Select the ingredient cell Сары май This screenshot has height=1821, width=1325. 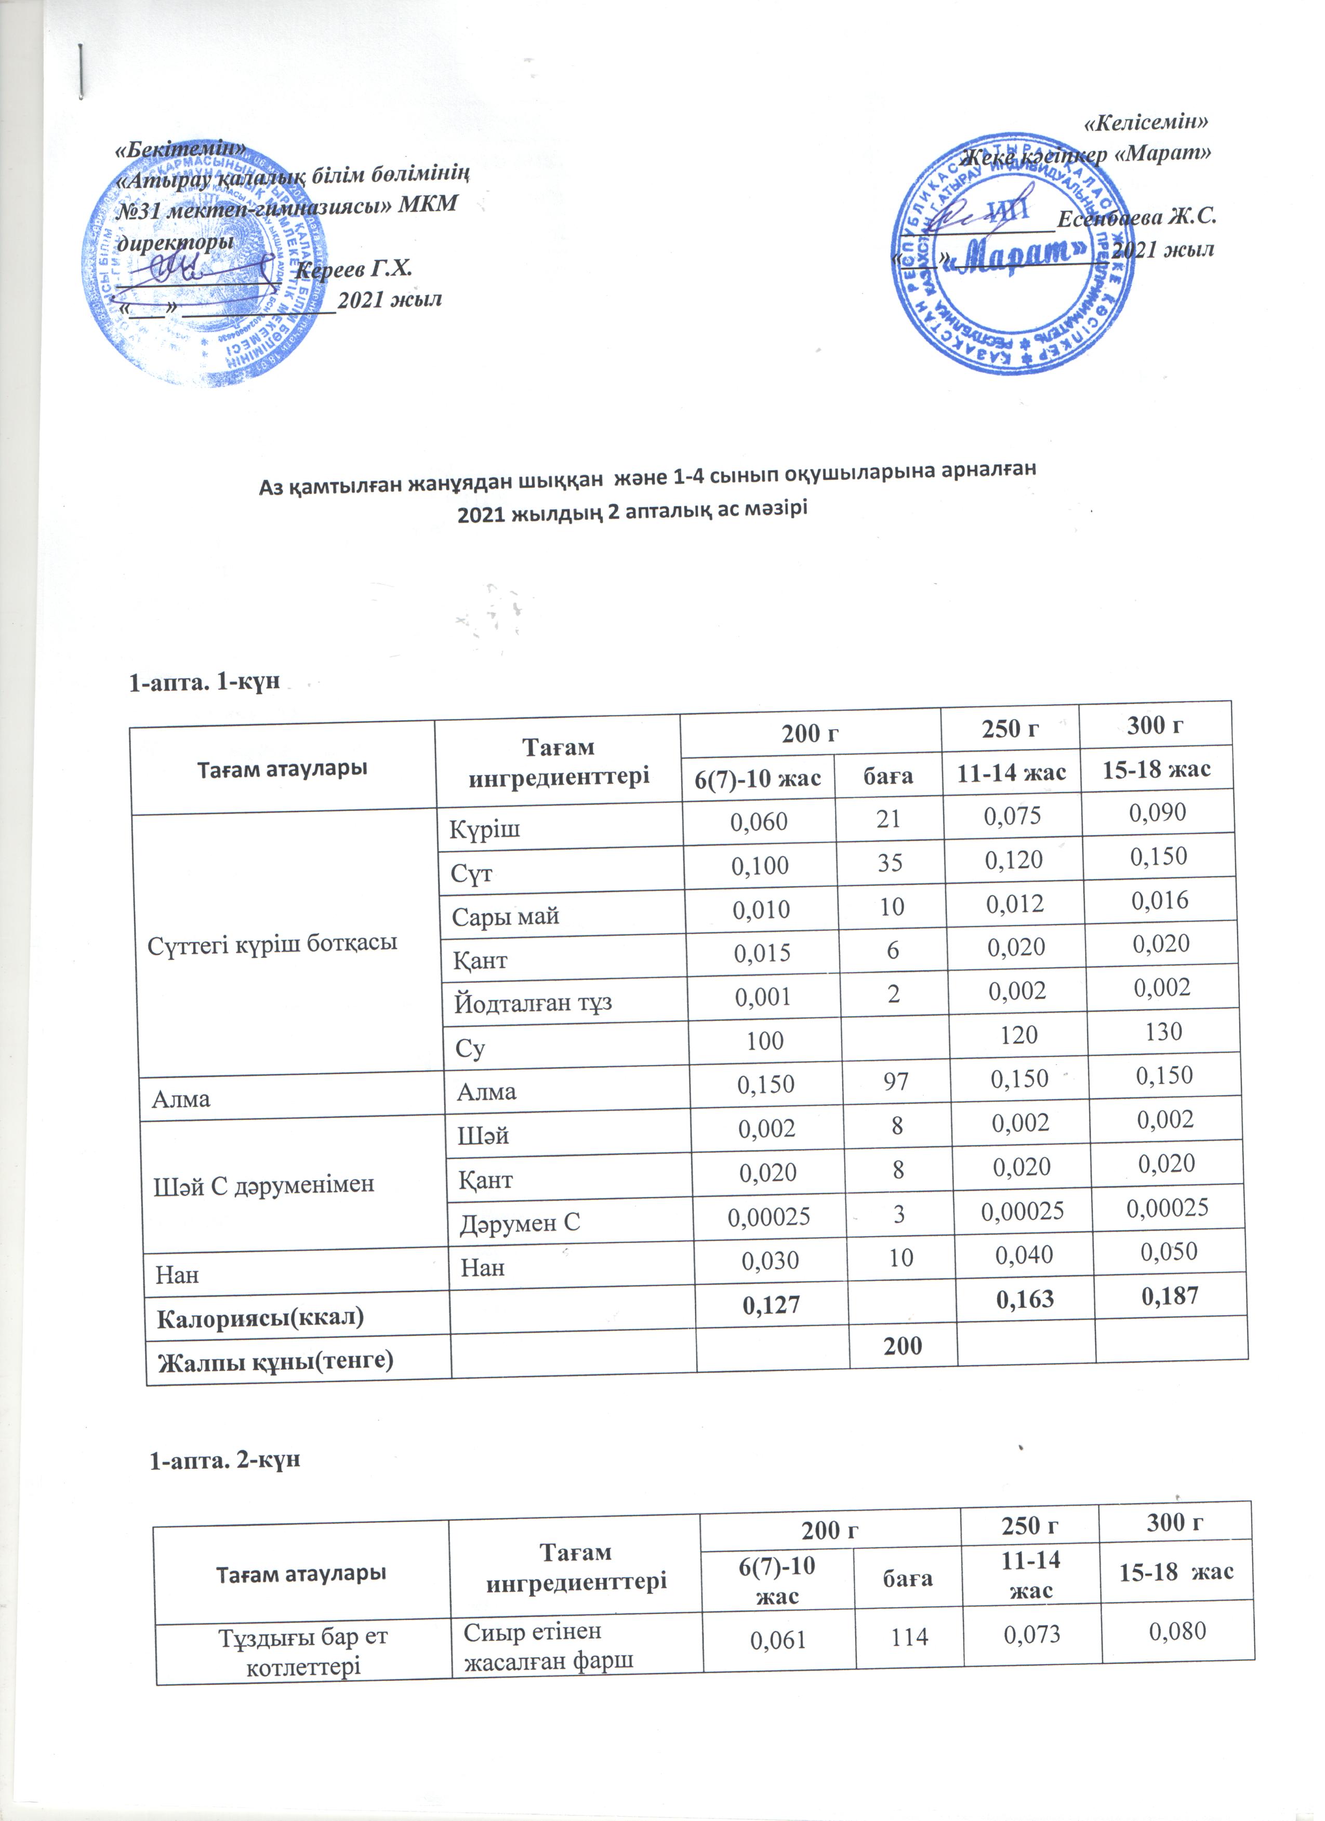[505, 915]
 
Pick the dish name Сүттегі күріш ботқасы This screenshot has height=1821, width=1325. [272, 943]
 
